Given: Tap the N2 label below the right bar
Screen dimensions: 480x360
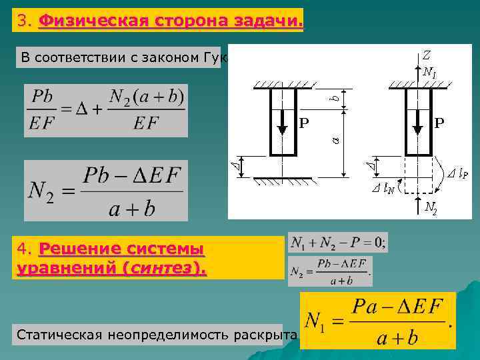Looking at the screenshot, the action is coord(431,208).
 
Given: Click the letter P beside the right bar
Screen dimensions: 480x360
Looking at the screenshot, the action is coord(440,123).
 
